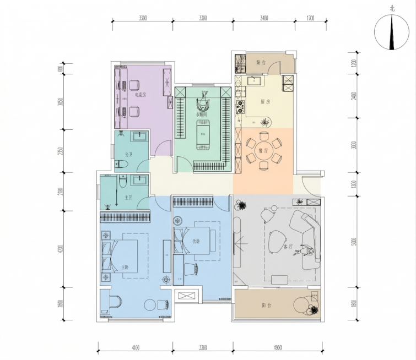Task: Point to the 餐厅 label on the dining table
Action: (x=263, y=150)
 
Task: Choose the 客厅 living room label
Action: (x=287, y=247)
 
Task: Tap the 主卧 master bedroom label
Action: (x=125, y=268)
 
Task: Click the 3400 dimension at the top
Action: (x=263, y=18)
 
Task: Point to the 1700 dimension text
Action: (x=310, y=18)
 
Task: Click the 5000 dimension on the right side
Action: (x=353, y=241)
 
